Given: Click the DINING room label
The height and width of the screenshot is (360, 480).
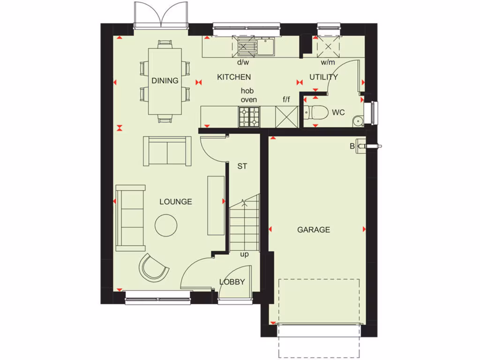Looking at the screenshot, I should tap(165, 81).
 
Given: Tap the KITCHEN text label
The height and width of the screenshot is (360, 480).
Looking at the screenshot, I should tap(234, 77).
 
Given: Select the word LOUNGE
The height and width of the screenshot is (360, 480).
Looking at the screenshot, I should tap(176, 202).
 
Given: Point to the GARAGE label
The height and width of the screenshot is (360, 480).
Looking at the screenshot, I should tap(314, 230).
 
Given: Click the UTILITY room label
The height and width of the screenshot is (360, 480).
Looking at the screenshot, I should tap(323, 77).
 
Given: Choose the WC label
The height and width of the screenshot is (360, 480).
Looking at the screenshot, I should tap(338, 112).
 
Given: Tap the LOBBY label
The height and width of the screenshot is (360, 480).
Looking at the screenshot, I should tap(232, 282).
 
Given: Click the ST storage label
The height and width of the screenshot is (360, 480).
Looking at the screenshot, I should tap(242, 166).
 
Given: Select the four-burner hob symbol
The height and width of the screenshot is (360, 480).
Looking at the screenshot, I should tap(249, 117).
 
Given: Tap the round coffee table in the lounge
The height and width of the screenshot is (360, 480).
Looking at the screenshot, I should tap(166, 225).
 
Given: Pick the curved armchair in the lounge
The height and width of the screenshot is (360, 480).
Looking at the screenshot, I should tap(153, 268).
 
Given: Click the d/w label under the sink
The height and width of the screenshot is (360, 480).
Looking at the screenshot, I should tap(243, 62).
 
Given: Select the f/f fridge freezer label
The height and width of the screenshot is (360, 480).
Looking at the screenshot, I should tap(286, 99).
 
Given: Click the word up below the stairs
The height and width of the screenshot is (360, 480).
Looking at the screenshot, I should tap(244, 255).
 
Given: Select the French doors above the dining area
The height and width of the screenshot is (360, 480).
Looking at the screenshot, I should tap(161, 14).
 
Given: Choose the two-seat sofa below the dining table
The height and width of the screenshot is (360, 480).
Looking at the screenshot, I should tap(167, 151).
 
